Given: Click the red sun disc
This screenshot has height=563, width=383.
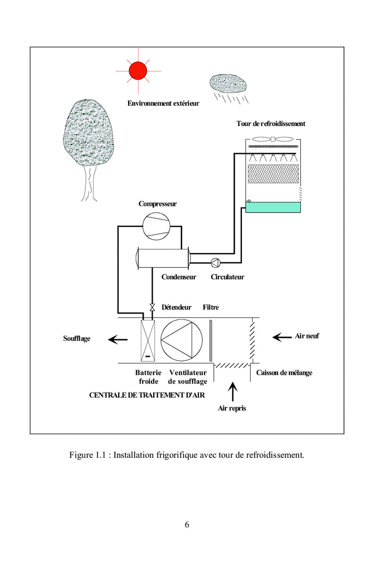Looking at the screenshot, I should (138, 71).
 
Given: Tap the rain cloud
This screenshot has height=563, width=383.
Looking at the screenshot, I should (229, 83).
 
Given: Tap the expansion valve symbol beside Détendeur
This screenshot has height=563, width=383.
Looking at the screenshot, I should (152, 307).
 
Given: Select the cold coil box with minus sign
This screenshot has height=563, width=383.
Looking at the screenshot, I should (148, 340).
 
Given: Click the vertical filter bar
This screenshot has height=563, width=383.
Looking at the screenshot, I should (210, 340).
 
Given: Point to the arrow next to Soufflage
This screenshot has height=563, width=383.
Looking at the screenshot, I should (118, 340).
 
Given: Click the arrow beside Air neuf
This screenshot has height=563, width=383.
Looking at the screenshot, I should (282, 337).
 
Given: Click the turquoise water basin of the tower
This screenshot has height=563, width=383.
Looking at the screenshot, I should (273, 207).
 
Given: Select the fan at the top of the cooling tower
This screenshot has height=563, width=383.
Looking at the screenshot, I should (272, 139).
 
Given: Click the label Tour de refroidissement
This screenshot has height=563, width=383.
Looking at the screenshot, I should (271, 124).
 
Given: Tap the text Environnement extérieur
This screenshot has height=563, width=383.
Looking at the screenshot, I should (164, 103).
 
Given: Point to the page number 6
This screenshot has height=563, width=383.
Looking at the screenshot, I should (187, 524).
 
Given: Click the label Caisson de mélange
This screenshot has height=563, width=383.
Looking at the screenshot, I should (284, 373).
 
